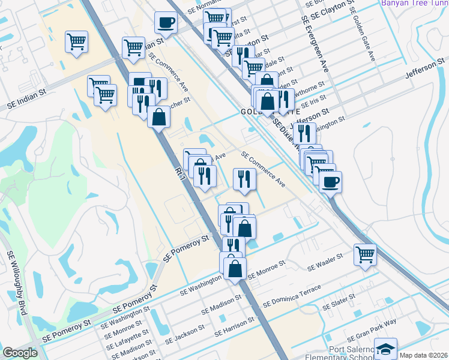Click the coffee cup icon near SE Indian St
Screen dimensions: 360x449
[166, 23]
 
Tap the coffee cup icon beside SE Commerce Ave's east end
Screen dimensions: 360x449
[330, 181]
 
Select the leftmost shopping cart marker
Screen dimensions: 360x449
[77, 42]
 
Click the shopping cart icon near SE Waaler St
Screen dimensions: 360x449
[364, 254]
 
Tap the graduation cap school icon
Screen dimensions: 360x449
[385, 349]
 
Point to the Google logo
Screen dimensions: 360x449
[20, 353]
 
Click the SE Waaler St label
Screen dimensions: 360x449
[324, 260]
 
